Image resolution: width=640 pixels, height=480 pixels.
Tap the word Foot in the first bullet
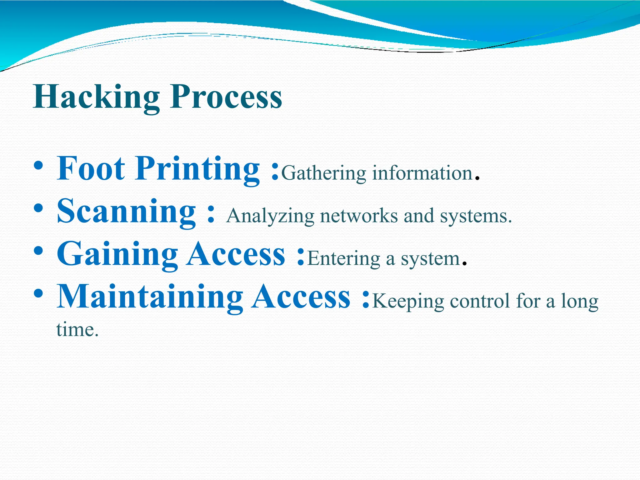(x=91, y=169)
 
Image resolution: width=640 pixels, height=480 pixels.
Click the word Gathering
(x=324, y=173)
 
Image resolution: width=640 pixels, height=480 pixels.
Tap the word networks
(x=359, y=216)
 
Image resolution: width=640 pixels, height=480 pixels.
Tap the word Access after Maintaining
(x=302, y=297)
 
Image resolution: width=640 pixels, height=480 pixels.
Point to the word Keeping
(x=408, y=302)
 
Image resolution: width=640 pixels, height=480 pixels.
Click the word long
(x=580, y=302)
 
